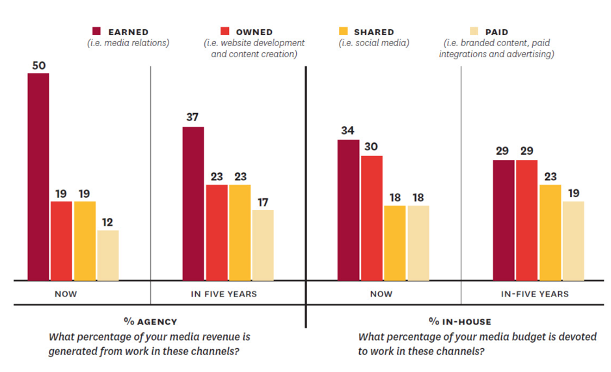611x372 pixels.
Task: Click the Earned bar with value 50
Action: pos(38,176)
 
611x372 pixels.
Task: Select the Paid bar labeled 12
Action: pos(108,255)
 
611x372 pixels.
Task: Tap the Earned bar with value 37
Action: pos(193,204)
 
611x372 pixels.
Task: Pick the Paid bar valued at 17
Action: pos(263,245)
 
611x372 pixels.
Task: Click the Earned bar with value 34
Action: pos(348,210)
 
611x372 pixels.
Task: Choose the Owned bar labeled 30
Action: pos(372,218)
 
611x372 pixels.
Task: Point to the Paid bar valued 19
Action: pos(573,241)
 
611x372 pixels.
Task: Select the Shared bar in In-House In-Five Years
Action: pos(550,232)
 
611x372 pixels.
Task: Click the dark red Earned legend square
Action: pos(96,31)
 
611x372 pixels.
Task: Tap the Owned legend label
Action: pos(254,31)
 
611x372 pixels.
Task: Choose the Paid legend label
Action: pos(496,31)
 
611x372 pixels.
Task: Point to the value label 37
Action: pos(193,117)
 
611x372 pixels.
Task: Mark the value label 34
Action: pos(348,130)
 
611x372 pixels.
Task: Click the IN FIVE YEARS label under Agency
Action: pos(224,294)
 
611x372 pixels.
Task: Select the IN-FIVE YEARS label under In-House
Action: pos(535,294)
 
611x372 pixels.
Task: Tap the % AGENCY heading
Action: pos(150,321)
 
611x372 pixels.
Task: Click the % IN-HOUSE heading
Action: pos(460,321)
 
